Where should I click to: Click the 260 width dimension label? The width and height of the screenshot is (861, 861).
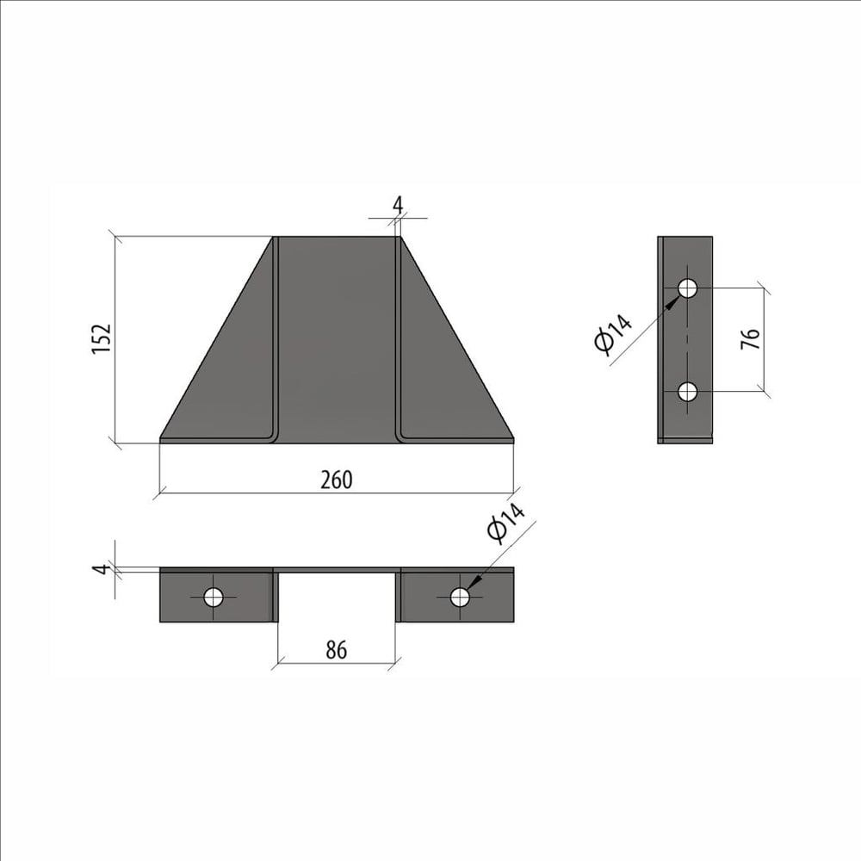[x=336, y=480]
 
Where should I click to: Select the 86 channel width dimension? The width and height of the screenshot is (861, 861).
[x=336, y=649]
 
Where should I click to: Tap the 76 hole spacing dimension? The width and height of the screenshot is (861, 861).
[x=750, y=338]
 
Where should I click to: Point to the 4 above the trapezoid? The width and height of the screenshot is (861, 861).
[x=398, y=205]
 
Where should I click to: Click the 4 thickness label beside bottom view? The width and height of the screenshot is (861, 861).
[x=101, y=569]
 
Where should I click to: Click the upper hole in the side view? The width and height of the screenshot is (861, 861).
[x=687, y=288]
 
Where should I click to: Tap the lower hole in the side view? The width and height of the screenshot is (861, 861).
[x=687, y=392]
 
